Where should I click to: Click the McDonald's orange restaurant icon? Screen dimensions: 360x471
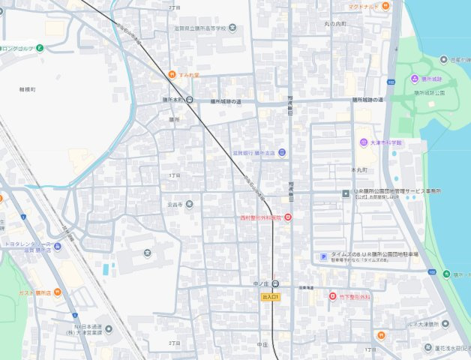pyautogui.click(x=385, y=6)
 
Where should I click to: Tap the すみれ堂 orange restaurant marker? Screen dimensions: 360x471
pyautogui.click(x=172, y=74)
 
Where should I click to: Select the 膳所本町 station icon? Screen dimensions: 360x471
pyautogui.click(x=190, y=100)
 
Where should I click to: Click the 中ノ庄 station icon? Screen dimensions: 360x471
pyautogui.click(x=276, y=284)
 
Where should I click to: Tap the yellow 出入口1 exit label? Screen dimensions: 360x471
pyautogui.click(x=271, y=297)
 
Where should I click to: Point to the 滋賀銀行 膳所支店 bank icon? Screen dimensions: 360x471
pyautogui.click(x=282, y=153)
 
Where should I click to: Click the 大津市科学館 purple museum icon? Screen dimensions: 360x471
pyautogui.click(x=363, y=142)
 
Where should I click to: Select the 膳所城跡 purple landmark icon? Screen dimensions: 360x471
pyautogui.click(x=415, y=79)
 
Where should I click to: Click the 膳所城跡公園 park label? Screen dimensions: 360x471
pyautogui.click(x=429, y=92)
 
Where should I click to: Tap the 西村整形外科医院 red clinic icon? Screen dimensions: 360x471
pyautogui.click(x=287, y=217)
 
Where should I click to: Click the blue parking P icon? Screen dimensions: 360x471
pyautogui.click(x=324, y=256)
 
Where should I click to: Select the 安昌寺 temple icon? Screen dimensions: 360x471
pyautogui.click(x=190, y=203)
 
